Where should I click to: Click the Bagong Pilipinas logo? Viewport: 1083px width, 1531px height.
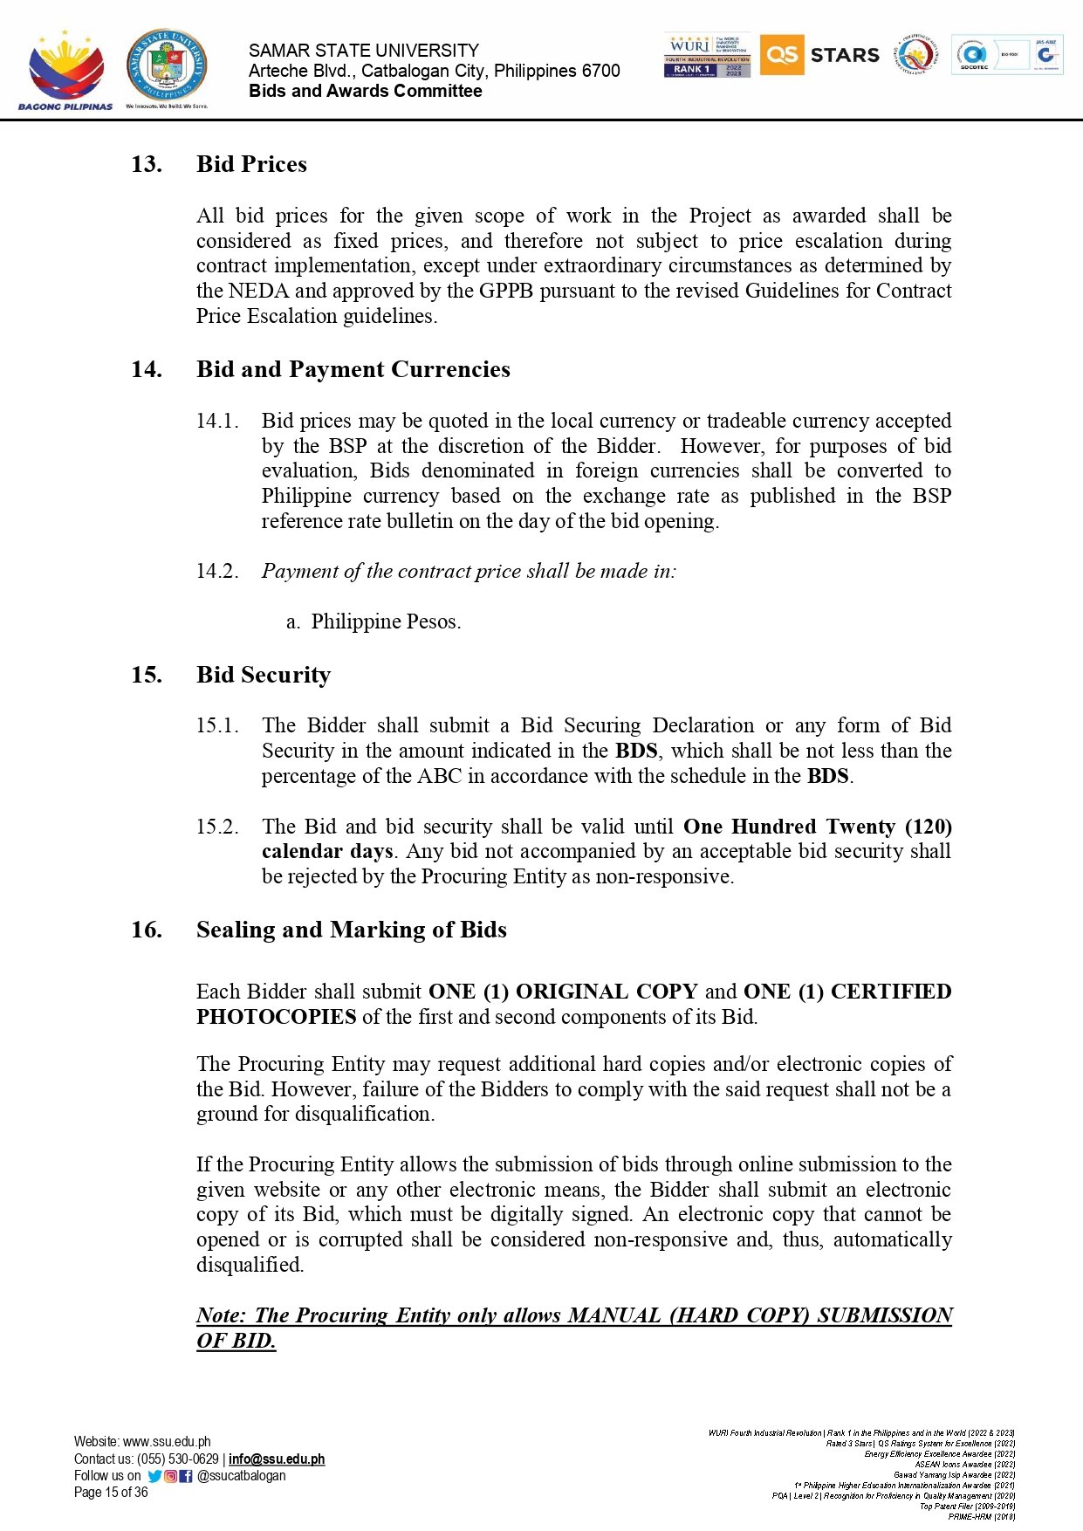pos(65,70)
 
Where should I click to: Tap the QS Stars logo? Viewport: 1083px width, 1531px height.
pos(820,55)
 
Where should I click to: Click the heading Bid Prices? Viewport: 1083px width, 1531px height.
pos(251,164)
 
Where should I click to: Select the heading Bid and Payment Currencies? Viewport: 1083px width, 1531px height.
pos(353,369)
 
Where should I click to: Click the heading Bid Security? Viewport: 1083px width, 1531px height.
pos(263,675)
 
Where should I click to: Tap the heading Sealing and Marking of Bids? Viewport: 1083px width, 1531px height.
pos(351,930)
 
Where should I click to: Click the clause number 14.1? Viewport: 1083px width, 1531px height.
pos(216,421)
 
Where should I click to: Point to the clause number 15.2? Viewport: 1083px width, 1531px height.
pos(216,827)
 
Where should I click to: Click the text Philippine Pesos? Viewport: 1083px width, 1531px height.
pos(386,621)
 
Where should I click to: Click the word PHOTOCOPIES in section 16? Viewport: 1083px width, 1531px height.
pos(276,1017)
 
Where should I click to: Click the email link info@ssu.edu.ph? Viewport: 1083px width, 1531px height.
pos(277,1459)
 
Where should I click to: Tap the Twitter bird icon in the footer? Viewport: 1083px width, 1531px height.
pos(154,1476)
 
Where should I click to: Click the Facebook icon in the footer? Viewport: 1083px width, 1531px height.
pos(185,1476)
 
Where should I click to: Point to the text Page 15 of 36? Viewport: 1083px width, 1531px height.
pos(111,1493)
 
